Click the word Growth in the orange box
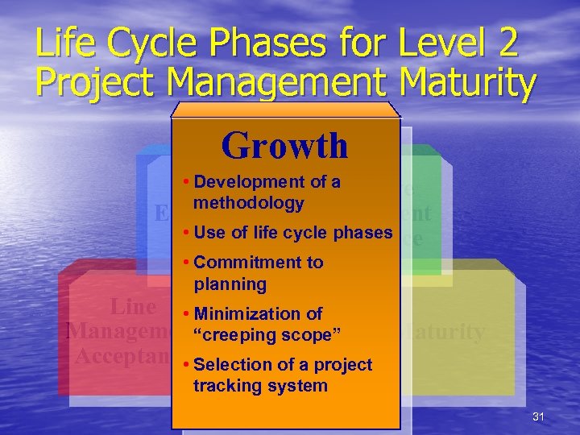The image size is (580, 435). click(x=284, y=146)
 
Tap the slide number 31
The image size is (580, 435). click(x=539, y=416)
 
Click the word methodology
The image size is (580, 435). click(x=248, y=203)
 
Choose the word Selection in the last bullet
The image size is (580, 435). click(x=230, y=365)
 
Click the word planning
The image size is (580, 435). click(x=230, y=284)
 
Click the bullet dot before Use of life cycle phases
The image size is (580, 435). click(x=187, y=234)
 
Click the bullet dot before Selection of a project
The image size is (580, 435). click(x=187, y=365)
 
